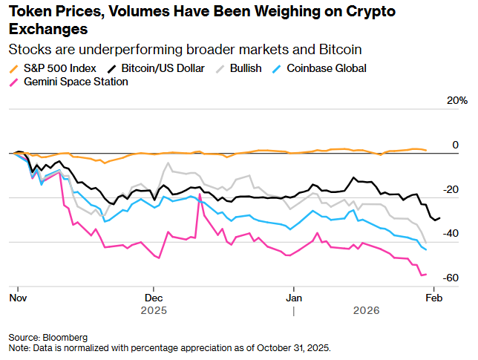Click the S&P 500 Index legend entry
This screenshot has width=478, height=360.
pos(55,68)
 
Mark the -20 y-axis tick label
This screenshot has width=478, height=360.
pos(451,189)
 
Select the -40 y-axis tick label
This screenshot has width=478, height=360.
pos(451,234)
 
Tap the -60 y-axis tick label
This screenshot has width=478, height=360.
pos(451,278)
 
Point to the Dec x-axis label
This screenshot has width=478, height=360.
pos(154,297)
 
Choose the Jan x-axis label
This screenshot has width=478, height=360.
pos(294,297)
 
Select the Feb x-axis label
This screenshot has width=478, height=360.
pos(433,297)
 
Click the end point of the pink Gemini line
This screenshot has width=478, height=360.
pos(425,275)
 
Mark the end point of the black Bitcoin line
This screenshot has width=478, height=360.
pos(439,217)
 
